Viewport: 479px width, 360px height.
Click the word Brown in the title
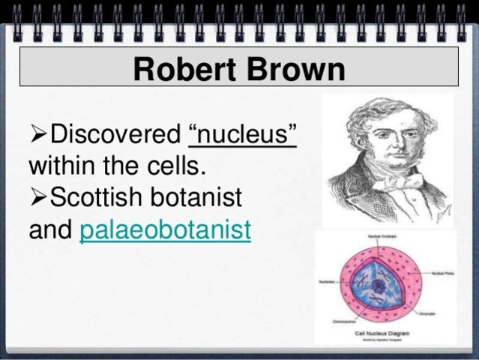294,70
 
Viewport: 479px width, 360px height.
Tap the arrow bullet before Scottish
38,199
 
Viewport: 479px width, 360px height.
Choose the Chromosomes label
343,320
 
